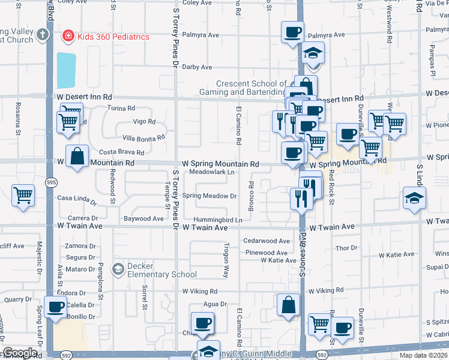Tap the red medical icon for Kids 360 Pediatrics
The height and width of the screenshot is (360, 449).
click(x=68, y=37)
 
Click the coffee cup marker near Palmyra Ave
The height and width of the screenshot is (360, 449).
click(x=292, y=32)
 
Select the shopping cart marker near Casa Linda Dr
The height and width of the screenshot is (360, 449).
click(x=23, y=194)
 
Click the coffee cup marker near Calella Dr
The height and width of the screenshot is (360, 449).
click(x=56, y=307)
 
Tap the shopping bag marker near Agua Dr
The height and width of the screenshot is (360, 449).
click(x=289, y=304)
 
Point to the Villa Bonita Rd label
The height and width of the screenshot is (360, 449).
click(x=143, y=137)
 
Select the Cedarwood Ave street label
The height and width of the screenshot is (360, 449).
click(x=267, y=241)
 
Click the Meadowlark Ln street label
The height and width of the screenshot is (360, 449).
click(x=211, y=172)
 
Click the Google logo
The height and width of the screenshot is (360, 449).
click(x=20, y=353)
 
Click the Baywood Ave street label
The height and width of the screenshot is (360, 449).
click(x=143, y=219)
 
